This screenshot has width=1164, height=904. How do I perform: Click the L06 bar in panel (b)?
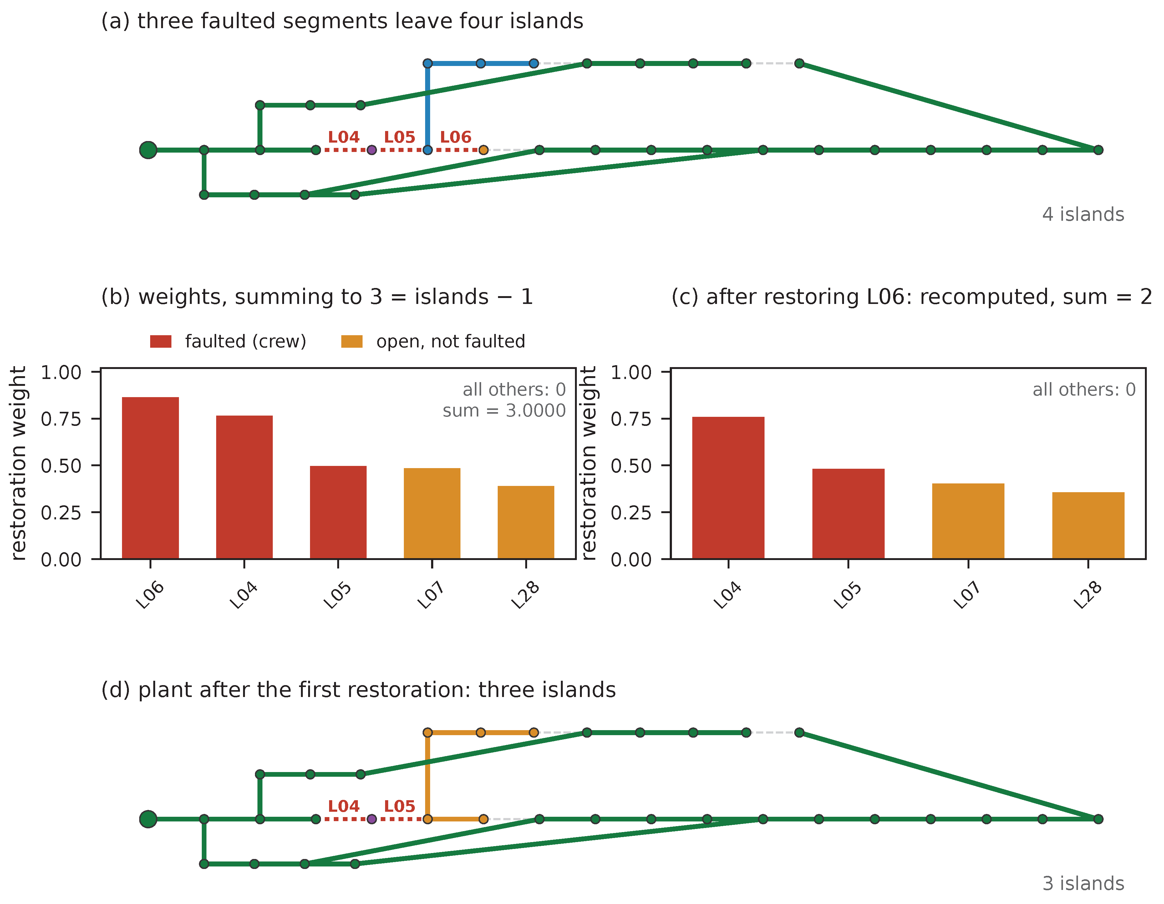tap(150, 478)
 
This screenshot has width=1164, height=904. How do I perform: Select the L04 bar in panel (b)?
tap(244, 487)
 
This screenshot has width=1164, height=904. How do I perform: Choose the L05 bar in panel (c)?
tap(848, 513)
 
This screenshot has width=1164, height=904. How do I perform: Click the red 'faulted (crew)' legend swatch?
tap(161, 341)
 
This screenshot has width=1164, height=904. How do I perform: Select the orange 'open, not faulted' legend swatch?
tap(352, 341)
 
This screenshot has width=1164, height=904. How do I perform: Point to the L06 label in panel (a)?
tap(456, 137)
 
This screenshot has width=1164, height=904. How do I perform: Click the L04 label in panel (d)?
tap(344, 806)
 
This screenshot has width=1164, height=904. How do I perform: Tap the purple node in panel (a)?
tap(372, 150)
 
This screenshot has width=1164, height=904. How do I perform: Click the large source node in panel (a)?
tap(148, 150)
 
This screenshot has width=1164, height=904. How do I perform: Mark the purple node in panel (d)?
tap(372, 819)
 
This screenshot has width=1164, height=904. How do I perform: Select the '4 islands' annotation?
tap(1083, 214)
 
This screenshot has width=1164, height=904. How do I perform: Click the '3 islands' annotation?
tap(1083, 883)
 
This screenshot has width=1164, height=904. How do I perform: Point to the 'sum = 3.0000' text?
tap(504, 411)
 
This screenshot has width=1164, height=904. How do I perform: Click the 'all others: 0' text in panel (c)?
tap(1084, 389)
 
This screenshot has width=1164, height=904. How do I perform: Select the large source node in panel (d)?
tap(148, 819)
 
